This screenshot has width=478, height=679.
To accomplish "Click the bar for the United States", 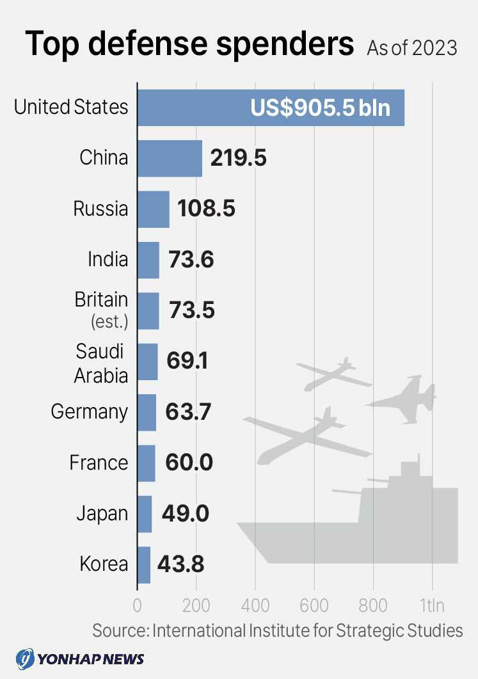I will click(x=192, y=108).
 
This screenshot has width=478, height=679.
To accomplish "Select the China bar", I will click(x=170, y=158).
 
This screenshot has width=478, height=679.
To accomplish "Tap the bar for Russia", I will click(x=154, y=209).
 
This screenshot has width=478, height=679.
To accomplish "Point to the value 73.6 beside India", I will click(x=191, y=260).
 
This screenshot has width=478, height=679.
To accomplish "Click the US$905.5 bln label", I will click(x=320, y=108).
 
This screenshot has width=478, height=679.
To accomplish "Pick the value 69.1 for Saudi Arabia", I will click(x=187, y=361).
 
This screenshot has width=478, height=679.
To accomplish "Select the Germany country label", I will click(x=90, y=411).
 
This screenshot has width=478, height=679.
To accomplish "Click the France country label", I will click(x=99, y=462).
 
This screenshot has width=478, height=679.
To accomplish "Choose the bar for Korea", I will click(x=144, y=564).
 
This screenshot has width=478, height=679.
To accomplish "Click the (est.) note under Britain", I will click(x=109, y=322).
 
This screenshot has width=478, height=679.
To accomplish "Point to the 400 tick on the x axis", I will click(x=255, y=605).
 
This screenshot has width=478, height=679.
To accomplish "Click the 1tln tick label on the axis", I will click(x=433, y=605).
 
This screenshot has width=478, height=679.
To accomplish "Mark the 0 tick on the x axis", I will click(x=137, y=605).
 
